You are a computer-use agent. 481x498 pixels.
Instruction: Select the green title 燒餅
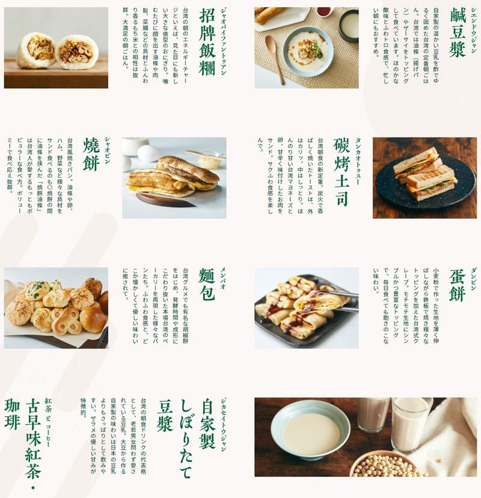[91, 154]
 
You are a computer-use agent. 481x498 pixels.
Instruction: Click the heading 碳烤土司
[342, 171]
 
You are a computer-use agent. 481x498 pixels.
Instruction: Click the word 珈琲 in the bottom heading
[12, 414]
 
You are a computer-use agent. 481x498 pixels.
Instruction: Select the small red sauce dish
[323, 12]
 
